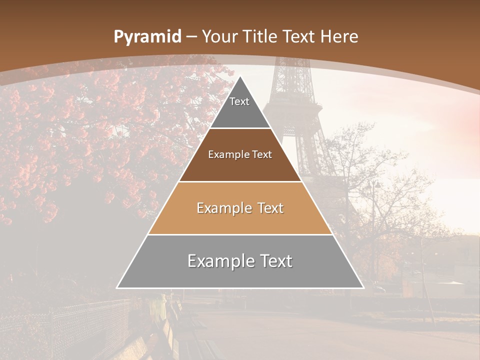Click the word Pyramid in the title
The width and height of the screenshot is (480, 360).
[147, 37]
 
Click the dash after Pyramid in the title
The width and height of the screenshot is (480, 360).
[191, 37]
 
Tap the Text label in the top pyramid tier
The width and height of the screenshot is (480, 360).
[239, 101]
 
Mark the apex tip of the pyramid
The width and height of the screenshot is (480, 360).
[240, 76]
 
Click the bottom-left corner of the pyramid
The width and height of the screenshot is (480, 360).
[117, 287]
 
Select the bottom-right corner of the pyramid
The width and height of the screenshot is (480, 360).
[363, 287]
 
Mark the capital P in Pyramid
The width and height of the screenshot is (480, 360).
[118, 36]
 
